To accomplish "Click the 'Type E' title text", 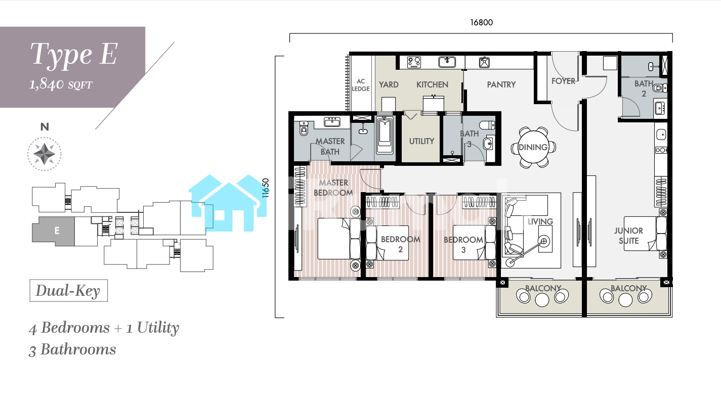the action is click(74, 55).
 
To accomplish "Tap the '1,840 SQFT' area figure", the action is click(61, 84).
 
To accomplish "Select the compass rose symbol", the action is click(45, 154).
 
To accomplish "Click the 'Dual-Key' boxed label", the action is click(69, 291).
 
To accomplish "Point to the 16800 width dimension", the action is click(482, 23).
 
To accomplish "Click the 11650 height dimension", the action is click(265, 188).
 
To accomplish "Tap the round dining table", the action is click(533, 147).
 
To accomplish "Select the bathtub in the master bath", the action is click(385, 135).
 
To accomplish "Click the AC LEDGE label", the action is click(361, 85).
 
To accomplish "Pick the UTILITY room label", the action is click(421, 141).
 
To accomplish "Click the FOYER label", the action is click(563, 81).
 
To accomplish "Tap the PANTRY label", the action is click(501, 84).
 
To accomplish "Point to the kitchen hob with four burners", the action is click(414, 62).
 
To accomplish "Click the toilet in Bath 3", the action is click(487, 125).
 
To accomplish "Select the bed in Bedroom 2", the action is click(388, 243).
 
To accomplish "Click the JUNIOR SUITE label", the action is click(628, 236).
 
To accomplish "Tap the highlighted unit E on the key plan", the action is click(54, 231).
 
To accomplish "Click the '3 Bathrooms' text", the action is click(72, 350).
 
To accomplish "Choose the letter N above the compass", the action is click(45, 127).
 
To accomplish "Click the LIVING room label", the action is click(540, 221).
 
